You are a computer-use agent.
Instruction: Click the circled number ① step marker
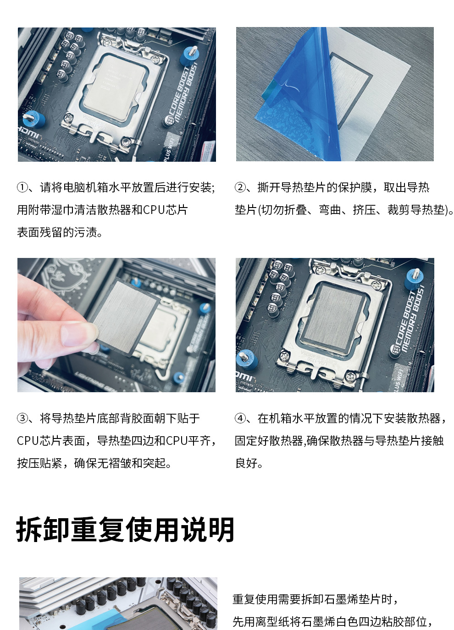(22, 187)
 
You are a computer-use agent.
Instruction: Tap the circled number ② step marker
(240, 187)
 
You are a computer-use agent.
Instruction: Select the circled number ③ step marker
(22, 418)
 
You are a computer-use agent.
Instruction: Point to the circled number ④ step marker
(240, 418)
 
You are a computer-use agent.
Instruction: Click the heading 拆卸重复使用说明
(125, 529)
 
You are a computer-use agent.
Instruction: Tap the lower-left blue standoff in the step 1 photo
(33, 120)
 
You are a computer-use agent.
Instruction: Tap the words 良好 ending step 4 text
(246, 463)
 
